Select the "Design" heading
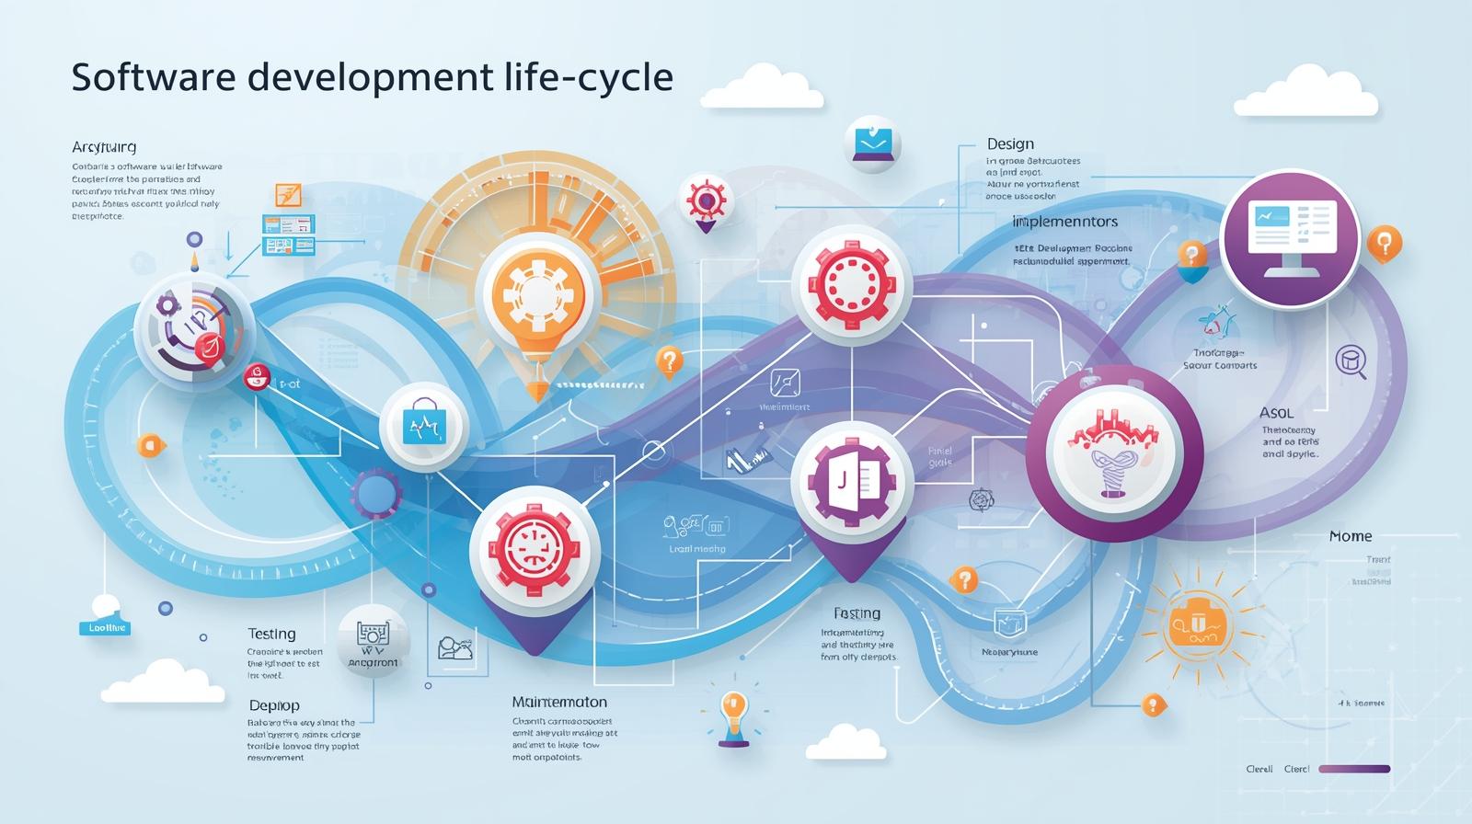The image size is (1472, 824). [1010, 144]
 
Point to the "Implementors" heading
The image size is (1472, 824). [1064, 222]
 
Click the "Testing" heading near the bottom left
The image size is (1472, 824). [271, 634]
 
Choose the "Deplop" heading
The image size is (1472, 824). [274, 705]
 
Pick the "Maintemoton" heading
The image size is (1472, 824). [559, 702]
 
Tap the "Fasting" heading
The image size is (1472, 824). [857, 613]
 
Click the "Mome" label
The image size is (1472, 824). [1351, 536]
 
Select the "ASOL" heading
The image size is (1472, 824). [1276, 413]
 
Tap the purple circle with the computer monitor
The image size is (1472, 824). [1289, 237]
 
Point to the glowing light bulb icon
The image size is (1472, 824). [732, 712]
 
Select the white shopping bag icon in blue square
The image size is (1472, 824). [424, 426]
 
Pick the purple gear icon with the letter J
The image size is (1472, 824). [852, 480]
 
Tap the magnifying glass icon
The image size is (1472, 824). [1351, 360]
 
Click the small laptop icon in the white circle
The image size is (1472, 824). [872, 143]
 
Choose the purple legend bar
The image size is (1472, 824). [1353, 769]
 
